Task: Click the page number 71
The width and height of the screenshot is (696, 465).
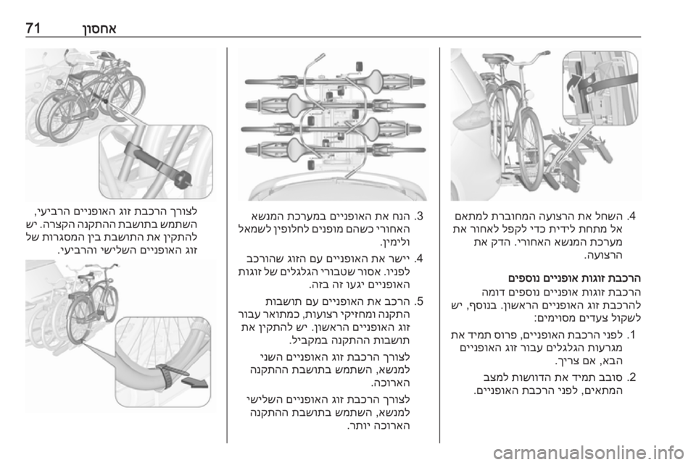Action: click(x=33, y=29)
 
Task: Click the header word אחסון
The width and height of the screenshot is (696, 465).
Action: click(x=94, y=29)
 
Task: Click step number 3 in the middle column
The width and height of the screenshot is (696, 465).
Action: click(x=419, y=217)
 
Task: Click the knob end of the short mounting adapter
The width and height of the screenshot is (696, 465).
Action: click(x=183, y=180)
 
